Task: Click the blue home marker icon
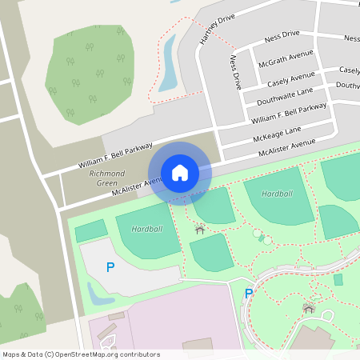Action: [180, 172]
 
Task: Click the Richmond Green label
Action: [106, 178]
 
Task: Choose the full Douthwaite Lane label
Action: [284, 94]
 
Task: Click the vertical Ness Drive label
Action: [236, 72]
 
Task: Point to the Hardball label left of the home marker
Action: [146, 229]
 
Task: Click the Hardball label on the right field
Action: [277, 194]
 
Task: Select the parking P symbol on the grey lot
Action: [110, 266]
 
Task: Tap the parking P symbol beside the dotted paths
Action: [249, 294]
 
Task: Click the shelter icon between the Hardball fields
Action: [199, 230]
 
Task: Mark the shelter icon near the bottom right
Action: [308, 307]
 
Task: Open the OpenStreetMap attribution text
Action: [81, 354]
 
